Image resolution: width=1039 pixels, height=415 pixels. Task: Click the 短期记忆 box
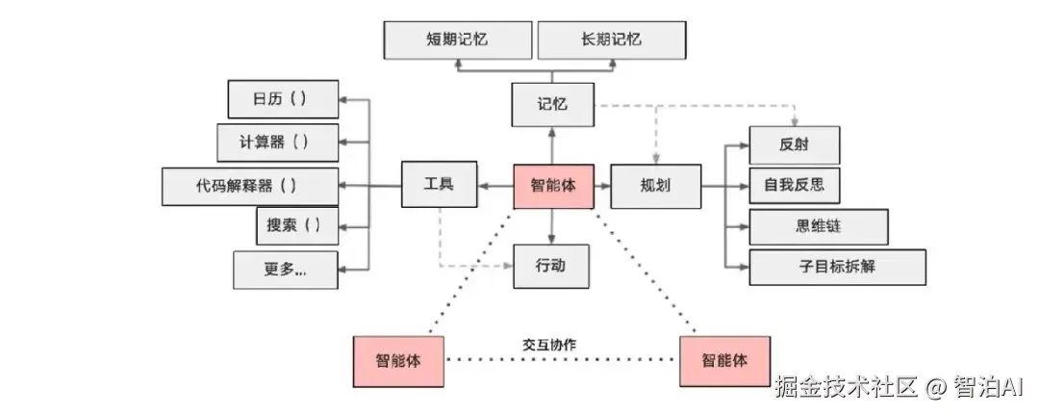click(x=457, y=39)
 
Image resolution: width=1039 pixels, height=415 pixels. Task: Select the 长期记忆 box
click(x=611, y=39)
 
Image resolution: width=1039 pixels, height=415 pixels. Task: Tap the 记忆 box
click(x=552, y=104)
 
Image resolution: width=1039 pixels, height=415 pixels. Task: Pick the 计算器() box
click(x=276, y=143)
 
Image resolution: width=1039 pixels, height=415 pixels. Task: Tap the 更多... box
click(x=285, y=269)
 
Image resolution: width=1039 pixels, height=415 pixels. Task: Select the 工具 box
click(x=439, y=184)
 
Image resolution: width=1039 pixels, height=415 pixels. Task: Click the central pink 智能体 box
click(x=552, y=185)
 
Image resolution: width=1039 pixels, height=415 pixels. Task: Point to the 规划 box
click(x=654, y=185)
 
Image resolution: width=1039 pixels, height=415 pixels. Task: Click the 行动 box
click(x=551, y=265)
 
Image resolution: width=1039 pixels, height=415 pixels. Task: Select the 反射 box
click(x=794, y=145)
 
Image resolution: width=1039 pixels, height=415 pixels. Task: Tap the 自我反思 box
click(x=794, y=185)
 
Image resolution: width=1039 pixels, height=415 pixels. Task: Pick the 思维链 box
click(x=818, y=226)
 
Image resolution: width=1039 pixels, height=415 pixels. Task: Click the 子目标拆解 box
click(x=837, y=267)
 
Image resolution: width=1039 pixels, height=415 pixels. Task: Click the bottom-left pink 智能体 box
click(x=397, y=361)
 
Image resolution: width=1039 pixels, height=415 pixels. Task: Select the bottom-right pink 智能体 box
click(x=723, y=361)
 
